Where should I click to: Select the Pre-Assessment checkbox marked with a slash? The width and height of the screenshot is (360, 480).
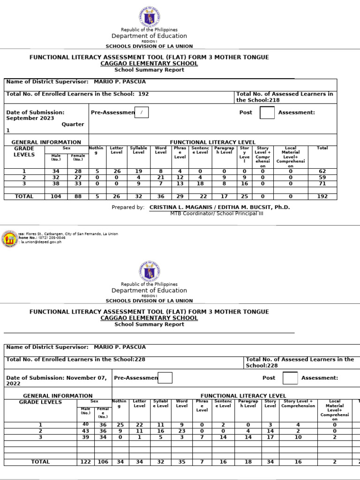coord(142,113)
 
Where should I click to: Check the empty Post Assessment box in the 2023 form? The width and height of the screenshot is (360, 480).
coord(267,113)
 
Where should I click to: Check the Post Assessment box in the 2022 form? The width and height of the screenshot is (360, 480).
coord(290,378)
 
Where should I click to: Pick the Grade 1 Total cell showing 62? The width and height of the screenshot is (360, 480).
coord(322,172)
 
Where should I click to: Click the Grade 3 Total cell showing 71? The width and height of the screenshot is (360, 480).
coord(322,184)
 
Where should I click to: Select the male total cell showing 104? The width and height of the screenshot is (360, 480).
coord(56,196)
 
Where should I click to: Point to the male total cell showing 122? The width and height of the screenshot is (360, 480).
coord(86,462)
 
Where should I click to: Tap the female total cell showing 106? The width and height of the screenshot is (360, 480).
coord(103,462)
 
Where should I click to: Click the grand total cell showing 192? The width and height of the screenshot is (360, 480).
coord(322,196)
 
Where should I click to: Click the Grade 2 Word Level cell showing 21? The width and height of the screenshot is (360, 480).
coord(160,178)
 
